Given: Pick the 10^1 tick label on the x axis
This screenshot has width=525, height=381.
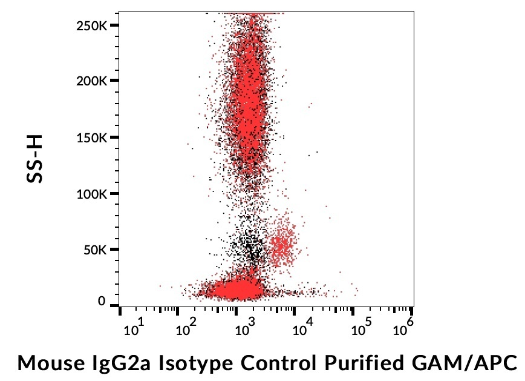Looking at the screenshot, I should [x=133, y=328].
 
